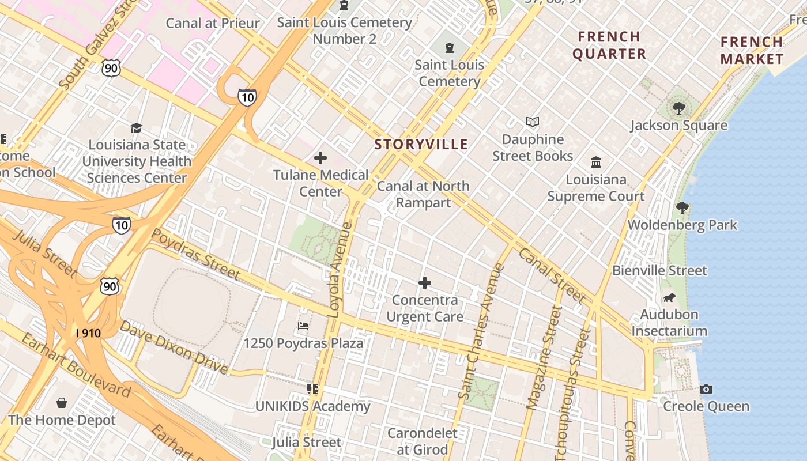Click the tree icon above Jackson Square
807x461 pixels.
coord(679,108)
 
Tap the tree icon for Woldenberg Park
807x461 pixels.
coord(682,208)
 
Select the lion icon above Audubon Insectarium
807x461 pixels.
coord(669,298)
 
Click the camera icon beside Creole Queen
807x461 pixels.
coord(706,389)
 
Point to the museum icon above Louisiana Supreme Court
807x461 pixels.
coord(596,162)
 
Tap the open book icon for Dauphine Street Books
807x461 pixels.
coord(533,122)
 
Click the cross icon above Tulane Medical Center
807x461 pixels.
coord(320,158)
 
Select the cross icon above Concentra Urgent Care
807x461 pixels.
coord(425,283)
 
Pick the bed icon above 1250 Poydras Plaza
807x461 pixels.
coord(303,327)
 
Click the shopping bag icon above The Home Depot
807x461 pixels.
coord(62,403)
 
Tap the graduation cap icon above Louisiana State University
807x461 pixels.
coord(137,128)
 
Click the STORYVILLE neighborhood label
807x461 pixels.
coord(421,144)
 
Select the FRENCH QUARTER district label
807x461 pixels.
coord(609,45)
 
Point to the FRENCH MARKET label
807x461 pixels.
coord(752,50)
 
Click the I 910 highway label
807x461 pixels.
coord(89,332)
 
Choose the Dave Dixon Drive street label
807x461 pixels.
coord(174,348)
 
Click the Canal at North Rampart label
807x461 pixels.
coord(423,194)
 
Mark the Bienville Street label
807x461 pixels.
coord(659,270)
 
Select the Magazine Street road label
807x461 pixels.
coord(544,358)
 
